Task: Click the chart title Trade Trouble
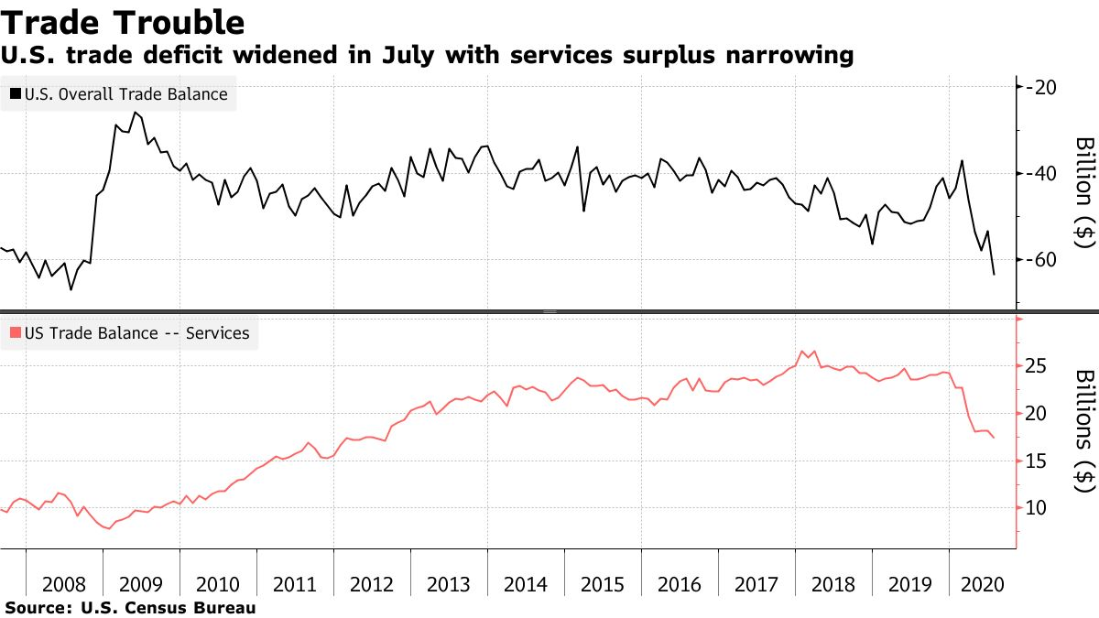123,21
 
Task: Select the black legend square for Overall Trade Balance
16,93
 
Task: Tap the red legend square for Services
16,333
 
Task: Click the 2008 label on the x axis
64,583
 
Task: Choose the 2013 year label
449,583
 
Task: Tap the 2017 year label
756,583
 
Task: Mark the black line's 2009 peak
135,112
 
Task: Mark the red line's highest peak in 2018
801,351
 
